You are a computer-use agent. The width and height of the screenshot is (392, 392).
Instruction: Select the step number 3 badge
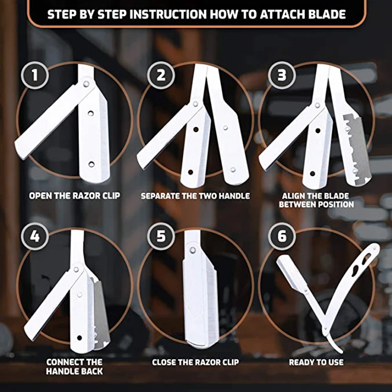pyautogui.click(x=282, y=76)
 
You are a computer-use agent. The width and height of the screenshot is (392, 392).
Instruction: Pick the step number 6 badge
pyautogui.click(x=282, y=237)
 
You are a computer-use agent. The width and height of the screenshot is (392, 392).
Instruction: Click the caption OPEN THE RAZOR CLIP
pyautogui.click(x=74, y=196)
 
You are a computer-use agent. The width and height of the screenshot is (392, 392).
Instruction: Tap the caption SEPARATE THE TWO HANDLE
pyautogui.click(x=195, y=196)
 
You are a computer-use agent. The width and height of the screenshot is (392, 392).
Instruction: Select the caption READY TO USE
pyautogui.click(x=316, y=362)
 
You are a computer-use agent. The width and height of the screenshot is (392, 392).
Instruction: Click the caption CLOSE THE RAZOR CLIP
pyautogui.click(x=195, y=362)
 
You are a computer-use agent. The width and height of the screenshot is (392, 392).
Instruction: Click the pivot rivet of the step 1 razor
pyautogui.click(x=87, y=84)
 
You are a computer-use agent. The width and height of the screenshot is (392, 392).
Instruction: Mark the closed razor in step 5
pyautogui.click(x=196, y=294)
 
